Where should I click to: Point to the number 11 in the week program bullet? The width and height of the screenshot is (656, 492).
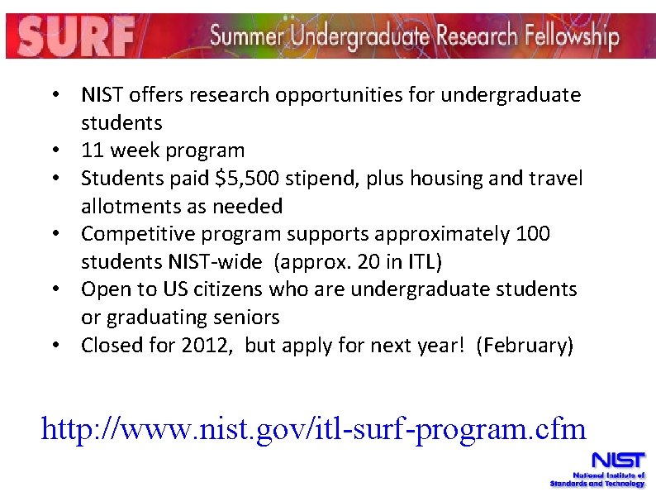[x=93, y=150]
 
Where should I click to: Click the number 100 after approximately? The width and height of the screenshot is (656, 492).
[x=532, y=234]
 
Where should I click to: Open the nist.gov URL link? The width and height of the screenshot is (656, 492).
[x=313, y=428]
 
